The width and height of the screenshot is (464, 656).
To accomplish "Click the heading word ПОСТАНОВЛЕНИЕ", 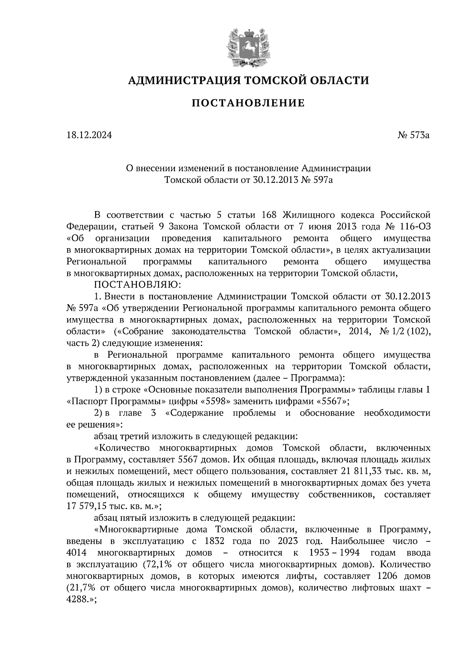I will click(248, 103).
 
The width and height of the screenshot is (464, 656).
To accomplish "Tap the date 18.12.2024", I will click(89, 135).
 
